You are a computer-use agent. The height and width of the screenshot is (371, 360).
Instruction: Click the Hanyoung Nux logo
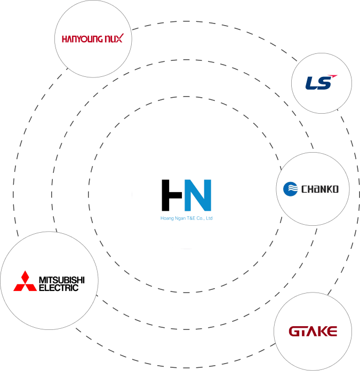point(93,38)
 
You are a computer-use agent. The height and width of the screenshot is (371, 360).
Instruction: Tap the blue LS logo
point(321,82)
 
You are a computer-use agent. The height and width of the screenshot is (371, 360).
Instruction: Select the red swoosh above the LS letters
point(333,76)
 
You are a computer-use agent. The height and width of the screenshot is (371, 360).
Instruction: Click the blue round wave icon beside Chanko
point(290,189)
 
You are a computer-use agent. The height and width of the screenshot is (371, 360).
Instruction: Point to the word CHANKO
point(320,189)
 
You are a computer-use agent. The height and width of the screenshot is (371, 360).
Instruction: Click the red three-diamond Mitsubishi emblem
point(25,281)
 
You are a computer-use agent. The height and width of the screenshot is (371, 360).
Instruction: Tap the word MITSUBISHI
point(62,280)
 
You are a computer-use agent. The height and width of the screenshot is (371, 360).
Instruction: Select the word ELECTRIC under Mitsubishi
point(59,288)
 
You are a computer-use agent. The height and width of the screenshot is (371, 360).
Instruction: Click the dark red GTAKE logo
point(313,331)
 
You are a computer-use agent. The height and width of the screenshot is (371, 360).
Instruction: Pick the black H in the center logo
point(172,195)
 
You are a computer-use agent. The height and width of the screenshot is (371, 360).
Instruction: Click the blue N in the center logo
point(198,195)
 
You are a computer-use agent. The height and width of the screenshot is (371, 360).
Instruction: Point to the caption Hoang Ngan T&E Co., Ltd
point(186,218)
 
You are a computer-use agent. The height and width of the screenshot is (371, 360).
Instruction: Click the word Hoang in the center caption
point(167,218)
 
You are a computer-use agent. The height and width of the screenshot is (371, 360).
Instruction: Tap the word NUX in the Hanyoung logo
point(114,38)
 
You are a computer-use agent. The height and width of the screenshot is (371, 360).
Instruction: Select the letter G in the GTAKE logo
point(295,331)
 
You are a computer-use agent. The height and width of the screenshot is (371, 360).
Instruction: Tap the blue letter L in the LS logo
point(311,83)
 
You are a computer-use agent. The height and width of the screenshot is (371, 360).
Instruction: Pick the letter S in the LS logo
point(325,83)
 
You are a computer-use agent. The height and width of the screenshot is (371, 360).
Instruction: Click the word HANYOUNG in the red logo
point(82,39)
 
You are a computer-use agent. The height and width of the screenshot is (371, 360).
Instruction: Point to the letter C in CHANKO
point(304,189)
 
